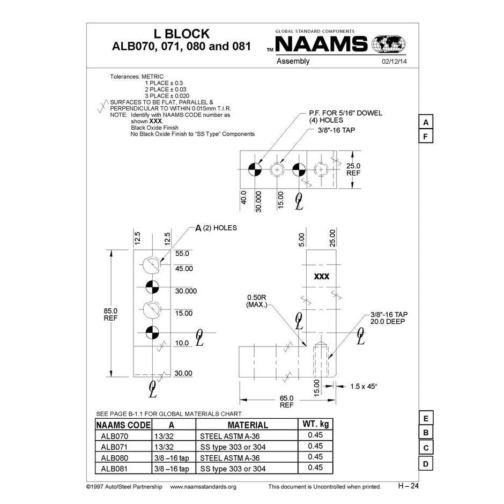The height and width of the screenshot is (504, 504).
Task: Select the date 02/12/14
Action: pyautogui.click(x=394, y=62)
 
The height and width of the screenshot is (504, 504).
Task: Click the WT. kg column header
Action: pyautogui.click(x=315, y=424)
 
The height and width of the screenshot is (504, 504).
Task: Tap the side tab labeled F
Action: pyautogui.click(x=425, y=136)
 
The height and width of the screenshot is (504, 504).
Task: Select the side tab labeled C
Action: pyautogui.click(x=425, y=448)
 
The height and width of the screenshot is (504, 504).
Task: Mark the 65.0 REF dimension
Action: pyautogui.click(x=287, y=402)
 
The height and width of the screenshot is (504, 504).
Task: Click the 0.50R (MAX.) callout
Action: pyautogui.click(x=257, y=301)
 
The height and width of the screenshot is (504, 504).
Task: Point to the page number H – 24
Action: pyautogui.click(x=408, y=486)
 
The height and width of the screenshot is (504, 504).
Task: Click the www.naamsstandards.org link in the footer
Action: pyautogui.click(x=203, y=487)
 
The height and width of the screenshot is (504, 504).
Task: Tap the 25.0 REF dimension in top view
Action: pyautogui.click(x=353, y=170)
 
